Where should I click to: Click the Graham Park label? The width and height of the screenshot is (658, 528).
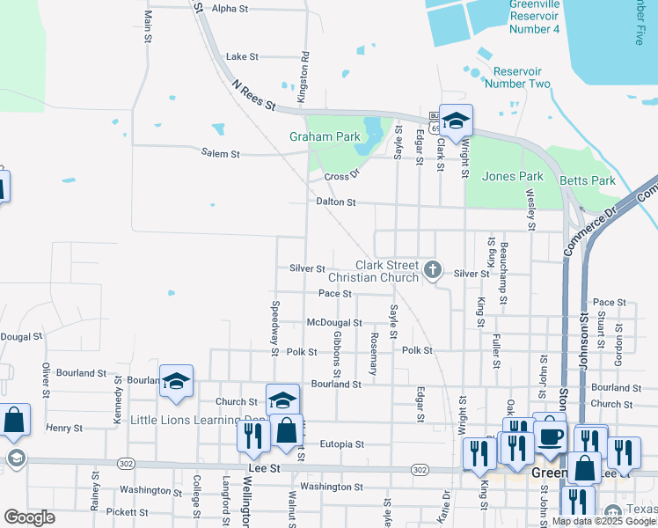(x=325, y=137)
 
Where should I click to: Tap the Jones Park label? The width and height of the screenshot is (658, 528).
(x=511, y=176)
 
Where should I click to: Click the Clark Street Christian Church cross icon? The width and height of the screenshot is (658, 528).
(x=432, y=269)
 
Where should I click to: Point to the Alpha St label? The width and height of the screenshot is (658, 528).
(x=230, y=8)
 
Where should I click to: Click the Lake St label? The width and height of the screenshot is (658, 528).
(x=242, y=56)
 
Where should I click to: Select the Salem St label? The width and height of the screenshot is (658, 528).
(x=220, y=154)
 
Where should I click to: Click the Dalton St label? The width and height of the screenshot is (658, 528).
(x=336, y=202)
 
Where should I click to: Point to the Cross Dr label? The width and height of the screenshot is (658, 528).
(x=342, y=176)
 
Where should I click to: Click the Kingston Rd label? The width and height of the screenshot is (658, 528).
(x=304, y=67)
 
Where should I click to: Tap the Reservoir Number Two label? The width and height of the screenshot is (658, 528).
(x=522, y=77)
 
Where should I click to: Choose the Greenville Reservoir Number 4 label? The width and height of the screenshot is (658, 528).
(x=534, y=17)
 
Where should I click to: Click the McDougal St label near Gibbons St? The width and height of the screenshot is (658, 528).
(x=334, y=323)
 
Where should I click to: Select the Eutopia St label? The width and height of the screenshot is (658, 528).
(x=341, y=444)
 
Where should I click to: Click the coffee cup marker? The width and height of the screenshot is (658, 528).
(x=551, y=435)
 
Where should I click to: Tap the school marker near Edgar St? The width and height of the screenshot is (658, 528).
(x=456, y=121)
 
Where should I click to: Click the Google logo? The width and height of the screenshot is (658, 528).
(x=29, y=517)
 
